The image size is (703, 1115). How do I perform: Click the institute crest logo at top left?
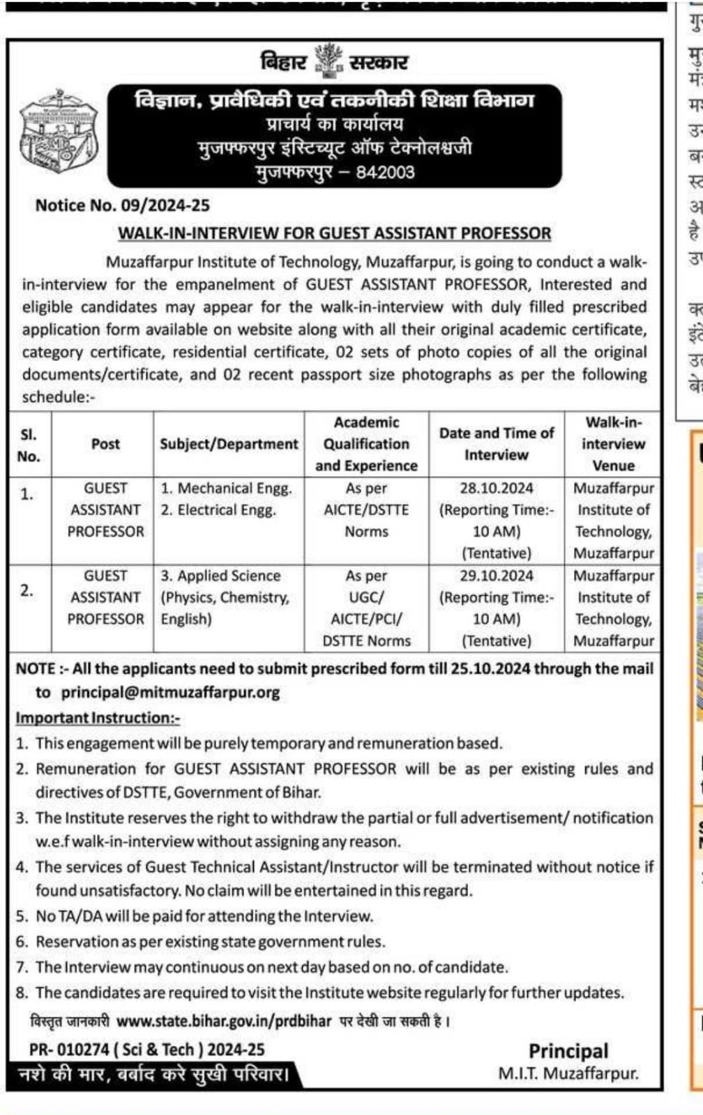(x=59, y=132)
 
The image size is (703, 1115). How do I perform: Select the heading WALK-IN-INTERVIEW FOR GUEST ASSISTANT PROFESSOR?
(x=335, y=233)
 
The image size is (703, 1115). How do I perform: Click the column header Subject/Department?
(x=229, y=444)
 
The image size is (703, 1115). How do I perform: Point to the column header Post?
(x=105, y=444)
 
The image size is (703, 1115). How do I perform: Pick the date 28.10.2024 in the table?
(x=496, y=488)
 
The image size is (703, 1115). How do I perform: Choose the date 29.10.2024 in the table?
(x=496, y=576)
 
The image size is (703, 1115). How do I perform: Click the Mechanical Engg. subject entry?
(x=227, y=488)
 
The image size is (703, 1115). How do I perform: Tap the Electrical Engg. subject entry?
(x=218, y=509)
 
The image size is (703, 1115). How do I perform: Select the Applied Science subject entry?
(x=220, y=576)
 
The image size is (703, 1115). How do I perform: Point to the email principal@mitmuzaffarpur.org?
(x=170, y=692)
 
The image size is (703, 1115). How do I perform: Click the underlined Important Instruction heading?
(x=98, y=718)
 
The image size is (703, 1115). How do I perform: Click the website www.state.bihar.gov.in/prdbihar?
(x=224, y=1021)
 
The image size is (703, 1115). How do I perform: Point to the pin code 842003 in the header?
(x=385, y=172)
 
